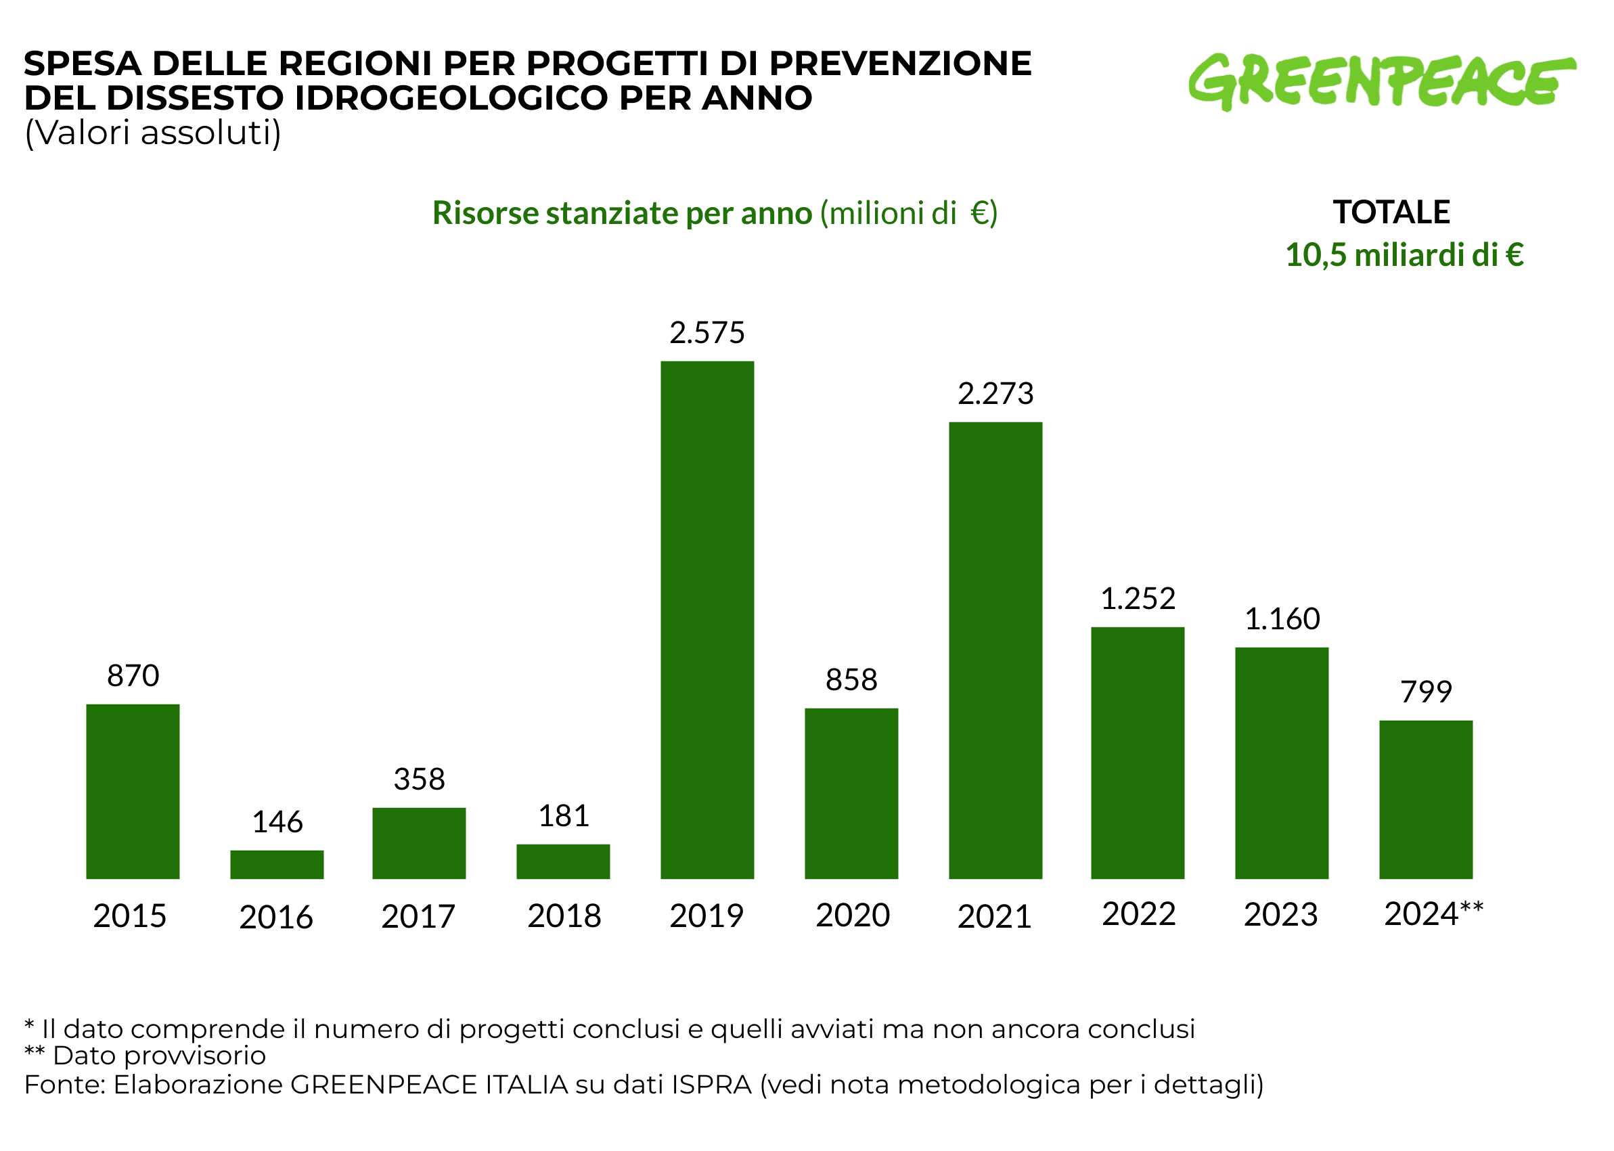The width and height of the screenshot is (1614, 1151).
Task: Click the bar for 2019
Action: [x=707, y=619]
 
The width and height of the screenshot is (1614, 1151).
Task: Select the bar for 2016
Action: [x=276, y=864]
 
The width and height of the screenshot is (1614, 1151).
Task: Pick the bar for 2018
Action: [x=563, y=861]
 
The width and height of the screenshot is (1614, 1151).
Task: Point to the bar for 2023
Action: [x=1282, y=763]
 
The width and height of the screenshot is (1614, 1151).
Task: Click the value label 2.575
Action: [x=707, y=332]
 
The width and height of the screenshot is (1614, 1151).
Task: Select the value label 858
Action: [x=851, y=679]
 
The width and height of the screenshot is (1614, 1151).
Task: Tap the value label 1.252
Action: [x=1138, y=599]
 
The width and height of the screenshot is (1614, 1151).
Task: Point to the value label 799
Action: [x=1426, y=692]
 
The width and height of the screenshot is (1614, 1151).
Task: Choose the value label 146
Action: [x=277, y=822]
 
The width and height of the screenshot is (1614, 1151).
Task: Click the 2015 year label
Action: [x=130, y=916]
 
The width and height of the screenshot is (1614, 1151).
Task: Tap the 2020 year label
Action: [x=853, y=915]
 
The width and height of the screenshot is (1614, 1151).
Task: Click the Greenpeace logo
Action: [x=1381, y=81]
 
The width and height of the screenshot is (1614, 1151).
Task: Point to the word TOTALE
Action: [x=1391, y=212]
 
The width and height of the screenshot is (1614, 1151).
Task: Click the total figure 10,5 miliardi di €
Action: [x=1404, y=254]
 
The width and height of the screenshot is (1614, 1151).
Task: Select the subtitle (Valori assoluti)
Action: [x=152, y=133]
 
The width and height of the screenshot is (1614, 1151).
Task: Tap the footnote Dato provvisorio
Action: [x=159, y=1056]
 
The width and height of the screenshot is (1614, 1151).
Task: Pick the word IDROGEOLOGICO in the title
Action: [x=450, y=98]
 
